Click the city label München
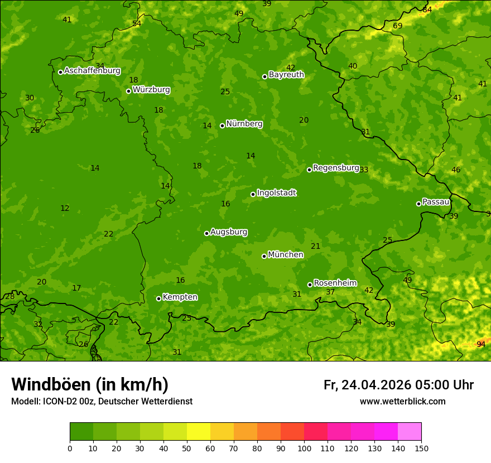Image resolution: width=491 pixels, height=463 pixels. click(286, 255)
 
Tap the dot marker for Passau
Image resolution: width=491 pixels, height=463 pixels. click(418, 204)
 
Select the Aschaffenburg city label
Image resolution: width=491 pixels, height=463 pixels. click(92, 71)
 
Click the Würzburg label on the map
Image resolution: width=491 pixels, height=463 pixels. click(151, 90)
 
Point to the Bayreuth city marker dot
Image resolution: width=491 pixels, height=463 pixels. click(264, 76)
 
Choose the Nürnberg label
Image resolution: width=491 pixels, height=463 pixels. click(244, 124)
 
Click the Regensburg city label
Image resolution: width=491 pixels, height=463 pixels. click(336, 168)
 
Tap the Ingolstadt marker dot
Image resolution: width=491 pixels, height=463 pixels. click(253, 195)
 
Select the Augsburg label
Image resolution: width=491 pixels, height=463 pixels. click(229, 232)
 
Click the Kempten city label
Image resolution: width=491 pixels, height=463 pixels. click(180, 297)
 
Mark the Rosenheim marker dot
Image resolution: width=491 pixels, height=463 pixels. click(310, 285)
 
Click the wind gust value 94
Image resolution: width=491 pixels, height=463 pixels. click(480, 345)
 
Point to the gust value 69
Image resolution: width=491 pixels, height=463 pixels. click(397, 26)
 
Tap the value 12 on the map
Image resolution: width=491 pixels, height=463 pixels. click(65, 209)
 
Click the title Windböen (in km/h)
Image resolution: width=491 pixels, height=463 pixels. click(90, 385)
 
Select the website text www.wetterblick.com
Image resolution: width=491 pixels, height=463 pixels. click(402, 402)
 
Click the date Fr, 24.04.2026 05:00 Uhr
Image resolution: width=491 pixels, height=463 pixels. click(398, 385)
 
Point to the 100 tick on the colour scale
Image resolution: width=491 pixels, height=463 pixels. click(304, 448)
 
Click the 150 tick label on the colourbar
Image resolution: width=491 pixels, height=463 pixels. click(421, 448)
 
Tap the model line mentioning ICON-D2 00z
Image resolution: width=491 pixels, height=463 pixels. click(102, 402)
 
